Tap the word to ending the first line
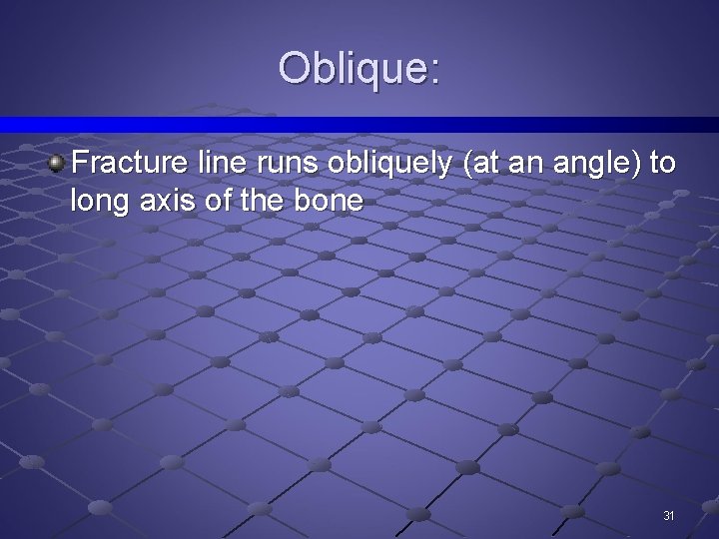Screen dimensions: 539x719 pyautogui.click(x=662, y=164)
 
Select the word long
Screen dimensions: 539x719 pyautogui.click(x=97, y=202)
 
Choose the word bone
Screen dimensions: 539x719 pyautogui.click(x=333, y=202)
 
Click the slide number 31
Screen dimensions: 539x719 pyautogui.click(x=669, y=516)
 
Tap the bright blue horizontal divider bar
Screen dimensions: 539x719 pyautogui.click(x=359, y=125)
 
